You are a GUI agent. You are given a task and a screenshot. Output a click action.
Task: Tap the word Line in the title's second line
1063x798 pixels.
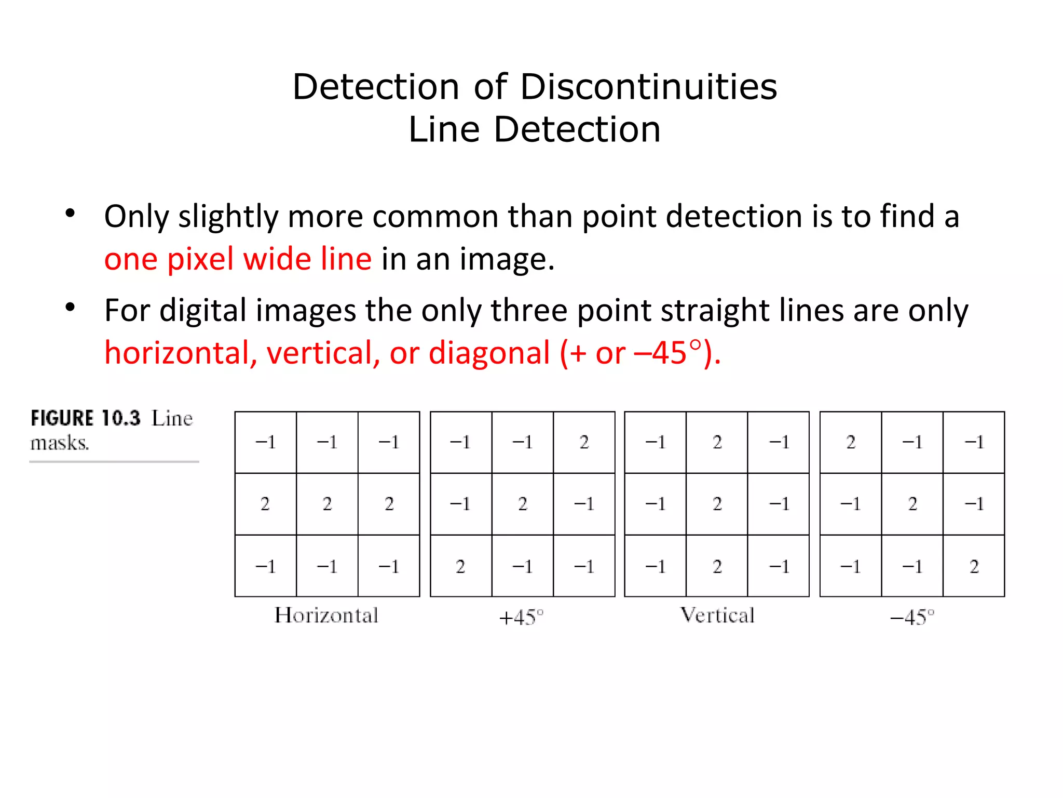[x=444, y=129]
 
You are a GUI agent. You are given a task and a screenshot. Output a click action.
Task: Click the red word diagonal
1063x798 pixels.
[x=489, y=353]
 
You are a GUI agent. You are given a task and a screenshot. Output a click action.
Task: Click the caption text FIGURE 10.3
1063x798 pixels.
[x=86, y=418]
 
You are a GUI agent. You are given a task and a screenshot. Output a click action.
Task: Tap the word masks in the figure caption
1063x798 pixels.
[x=59, y=443]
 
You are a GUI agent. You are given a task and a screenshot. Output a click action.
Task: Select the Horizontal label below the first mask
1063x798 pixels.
[x=326, y=616]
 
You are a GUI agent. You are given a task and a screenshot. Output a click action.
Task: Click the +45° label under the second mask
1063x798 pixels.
[x=521, y=617]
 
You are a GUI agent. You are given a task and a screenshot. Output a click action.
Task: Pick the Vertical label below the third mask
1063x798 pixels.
[x=717, y=616]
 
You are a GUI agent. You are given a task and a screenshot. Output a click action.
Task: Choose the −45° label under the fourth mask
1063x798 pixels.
[x=912, y=617]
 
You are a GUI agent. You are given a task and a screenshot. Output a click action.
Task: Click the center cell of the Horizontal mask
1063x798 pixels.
[x=327, y=504]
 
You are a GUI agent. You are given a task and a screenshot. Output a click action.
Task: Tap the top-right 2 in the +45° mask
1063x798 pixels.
[x=584, y=442]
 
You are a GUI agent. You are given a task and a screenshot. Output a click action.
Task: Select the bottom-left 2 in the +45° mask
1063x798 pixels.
[x=460, y=566]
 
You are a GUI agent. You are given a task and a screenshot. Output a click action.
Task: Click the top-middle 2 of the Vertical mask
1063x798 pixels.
[x=717, y=442]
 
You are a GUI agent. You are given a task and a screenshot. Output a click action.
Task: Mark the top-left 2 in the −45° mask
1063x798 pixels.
[x=851, y=442]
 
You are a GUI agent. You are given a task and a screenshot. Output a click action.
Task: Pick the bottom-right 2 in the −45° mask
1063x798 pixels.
[x=974, y=566]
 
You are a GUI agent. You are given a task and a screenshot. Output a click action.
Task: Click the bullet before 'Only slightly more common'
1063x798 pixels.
[x=70, y=213]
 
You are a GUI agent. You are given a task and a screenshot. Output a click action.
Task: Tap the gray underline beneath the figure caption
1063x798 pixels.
[x=114, y=461]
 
